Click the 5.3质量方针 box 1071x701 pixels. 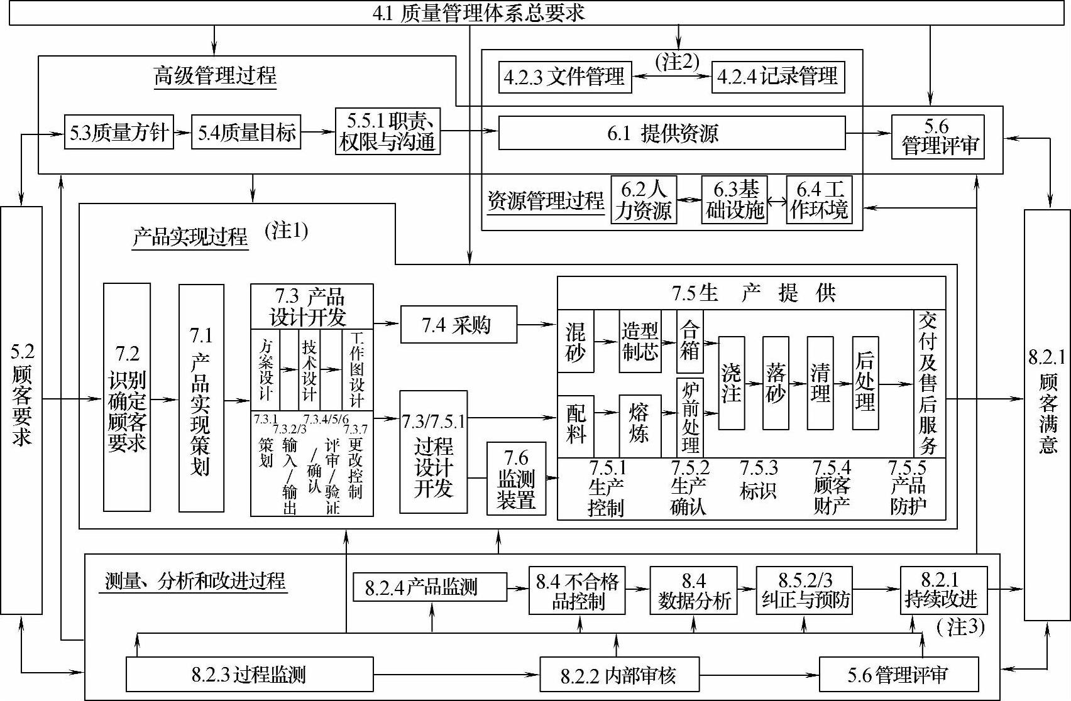119,132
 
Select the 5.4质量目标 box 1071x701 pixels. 246,132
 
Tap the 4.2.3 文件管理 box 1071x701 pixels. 564,77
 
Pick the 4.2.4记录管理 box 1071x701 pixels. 777,77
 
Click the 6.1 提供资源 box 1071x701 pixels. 671,133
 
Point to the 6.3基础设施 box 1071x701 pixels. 734,200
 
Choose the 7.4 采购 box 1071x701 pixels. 458,325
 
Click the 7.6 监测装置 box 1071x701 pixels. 516,479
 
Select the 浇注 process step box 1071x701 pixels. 731,383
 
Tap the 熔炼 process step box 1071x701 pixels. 639,425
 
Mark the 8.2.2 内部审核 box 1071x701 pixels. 618,675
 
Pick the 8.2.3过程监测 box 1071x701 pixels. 249,675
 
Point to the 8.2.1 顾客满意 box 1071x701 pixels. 1046,415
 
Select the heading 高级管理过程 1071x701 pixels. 215,77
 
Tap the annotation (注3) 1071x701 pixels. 960,626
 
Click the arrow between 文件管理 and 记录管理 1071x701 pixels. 671,77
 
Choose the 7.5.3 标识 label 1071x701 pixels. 758,481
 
